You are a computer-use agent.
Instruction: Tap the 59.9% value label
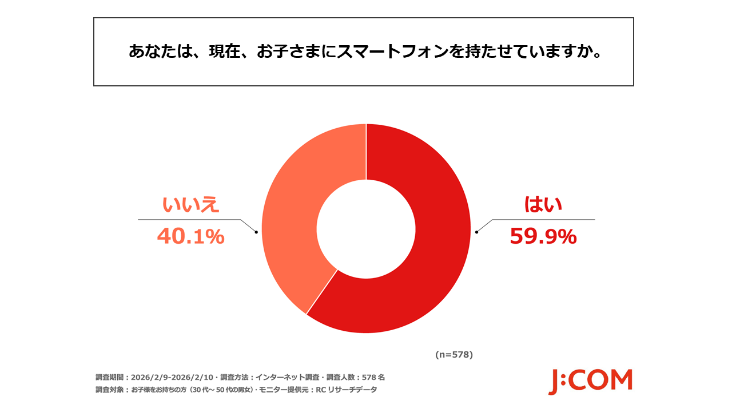[x=543, y=236]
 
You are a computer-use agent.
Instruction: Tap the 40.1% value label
[x=190, y=236]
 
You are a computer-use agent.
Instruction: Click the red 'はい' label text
[x=543, y=205]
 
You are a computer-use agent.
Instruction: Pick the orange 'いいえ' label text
[x=191, y=205]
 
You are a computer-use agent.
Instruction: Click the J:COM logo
[x=590, y=381]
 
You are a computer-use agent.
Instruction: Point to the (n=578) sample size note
[x=454, y=355]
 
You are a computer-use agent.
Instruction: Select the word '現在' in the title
[x=224, y=51]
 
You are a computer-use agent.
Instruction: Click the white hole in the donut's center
[x=366, y=229]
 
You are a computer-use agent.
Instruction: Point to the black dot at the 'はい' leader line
[x=476, y=232]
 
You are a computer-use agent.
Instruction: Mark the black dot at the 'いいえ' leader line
[x=256, y=232]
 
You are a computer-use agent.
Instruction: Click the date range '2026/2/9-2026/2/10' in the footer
[x=172, y=378]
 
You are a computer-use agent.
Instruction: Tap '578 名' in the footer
[x=374, y=378]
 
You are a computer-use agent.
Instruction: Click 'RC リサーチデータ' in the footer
[x=343, y=390]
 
